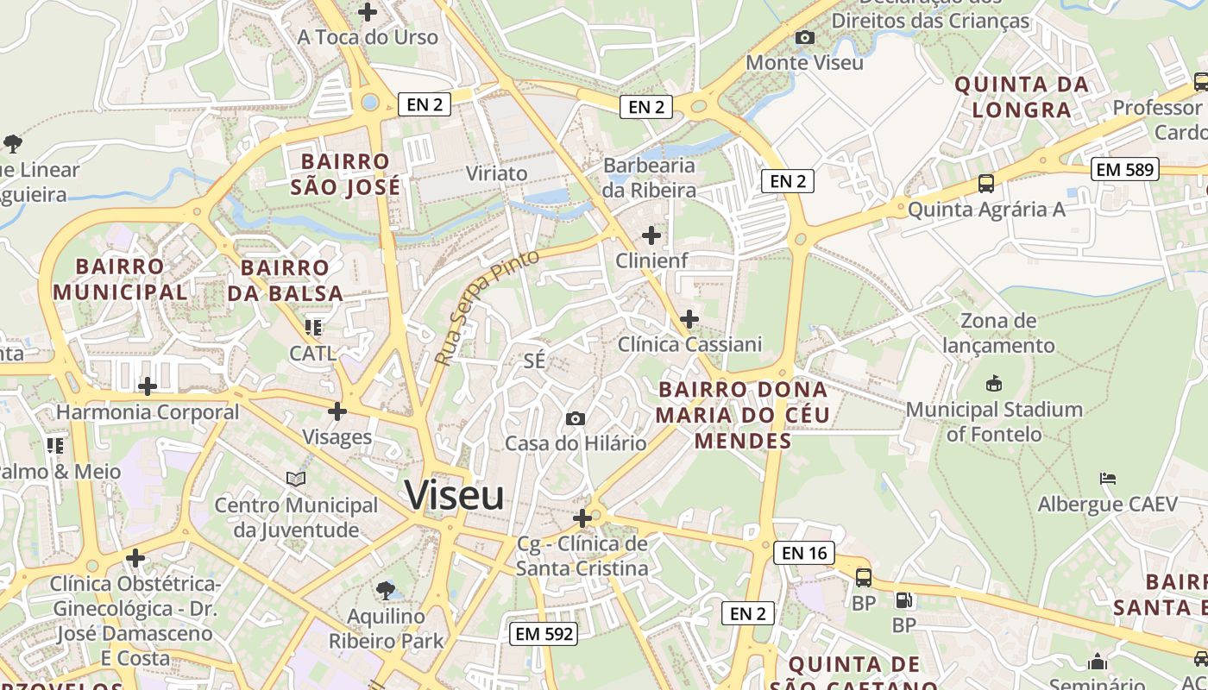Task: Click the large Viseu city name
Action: coord(455,496)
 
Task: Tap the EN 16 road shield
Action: coord(804,553)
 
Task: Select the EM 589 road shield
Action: coord(1124,169)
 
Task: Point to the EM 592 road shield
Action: coord(543,633)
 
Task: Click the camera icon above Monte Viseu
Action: coord(804,37)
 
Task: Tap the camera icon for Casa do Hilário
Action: coord(575,419)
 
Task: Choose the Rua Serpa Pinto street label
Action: coord(487,307)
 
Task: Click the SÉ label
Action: coord(534,361)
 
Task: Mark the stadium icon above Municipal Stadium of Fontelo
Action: coord(994,384)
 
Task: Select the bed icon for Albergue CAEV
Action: coord(1108,479)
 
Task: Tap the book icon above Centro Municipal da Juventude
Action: coord(296,479)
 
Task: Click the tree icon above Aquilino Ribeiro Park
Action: coord(386,591)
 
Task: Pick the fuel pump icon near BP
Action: coord(904,599)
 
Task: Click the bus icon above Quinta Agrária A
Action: coord(986,184)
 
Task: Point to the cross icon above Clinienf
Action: coord(651,235)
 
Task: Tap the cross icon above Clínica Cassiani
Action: coord(689,319)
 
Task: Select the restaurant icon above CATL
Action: coord(312,328)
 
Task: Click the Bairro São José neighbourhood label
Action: coord(345,174)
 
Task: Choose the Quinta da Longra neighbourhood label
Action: coord(1022,97)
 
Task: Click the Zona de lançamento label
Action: coord(998,333)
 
